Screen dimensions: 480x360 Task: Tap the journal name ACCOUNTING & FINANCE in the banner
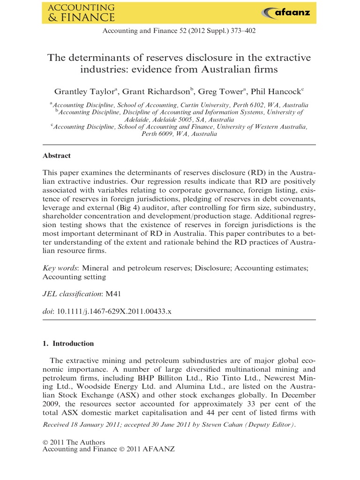[81, 13]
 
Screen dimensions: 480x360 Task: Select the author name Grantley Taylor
[83, 92]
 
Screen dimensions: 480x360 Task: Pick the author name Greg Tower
[218, 92]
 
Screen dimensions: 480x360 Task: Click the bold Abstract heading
[56, 156]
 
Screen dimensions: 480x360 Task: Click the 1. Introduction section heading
[68, 344]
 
